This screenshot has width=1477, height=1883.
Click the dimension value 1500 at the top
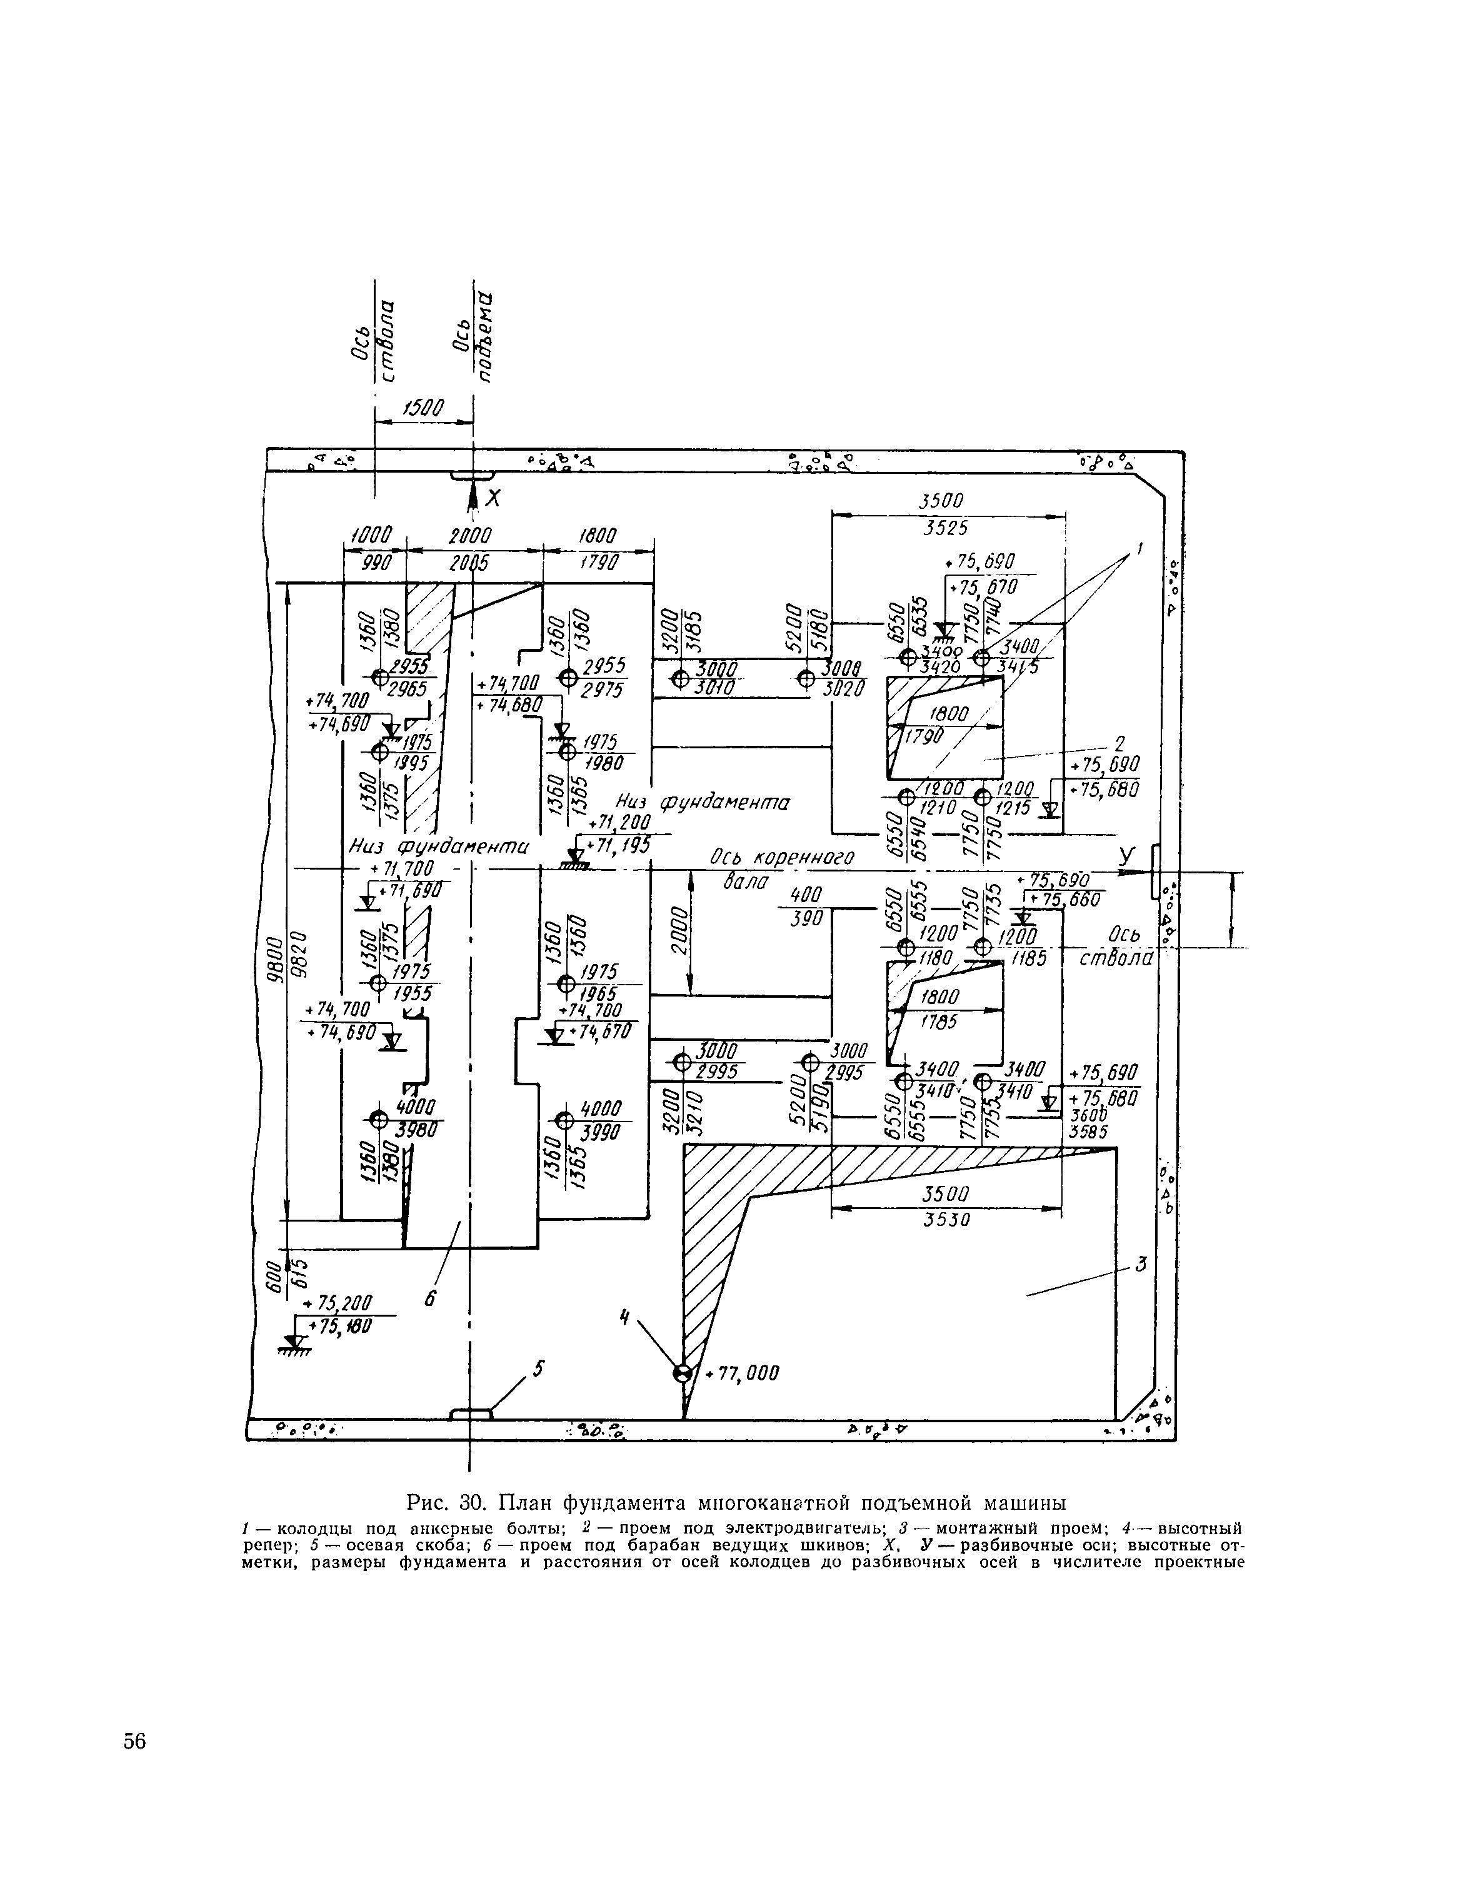(x=424, y=406)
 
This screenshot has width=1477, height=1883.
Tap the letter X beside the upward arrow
(x=493, y=498)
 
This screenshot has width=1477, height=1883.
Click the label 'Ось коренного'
(x=782, y=857)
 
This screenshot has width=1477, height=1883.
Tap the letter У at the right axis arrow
(x=1126, y=855)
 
